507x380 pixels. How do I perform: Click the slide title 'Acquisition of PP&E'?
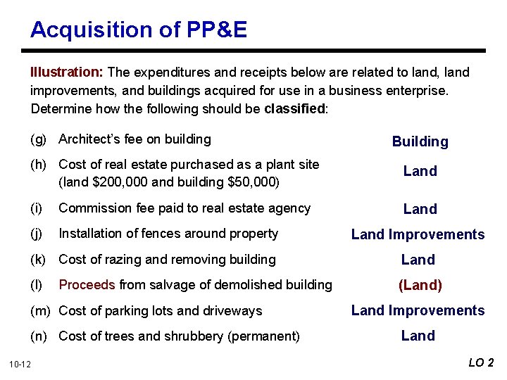[x=139, y=30]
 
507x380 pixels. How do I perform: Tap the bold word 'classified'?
[x=296, y=109]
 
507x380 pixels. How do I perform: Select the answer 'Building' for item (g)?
[x=420, y=142]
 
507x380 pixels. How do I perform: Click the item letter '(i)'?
[x=35, y=208]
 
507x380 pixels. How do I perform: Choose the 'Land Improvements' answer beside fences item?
[x=418, y=235]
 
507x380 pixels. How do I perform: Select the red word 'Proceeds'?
[x=87, y=285]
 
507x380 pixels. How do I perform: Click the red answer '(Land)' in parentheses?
[x=420, y=286]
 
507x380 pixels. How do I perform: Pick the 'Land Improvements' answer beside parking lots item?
[x=418, y=311]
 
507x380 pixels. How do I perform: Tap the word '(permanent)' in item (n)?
[x=264, y=336]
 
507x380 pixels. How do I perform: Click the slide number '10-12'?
[x=20, y=364]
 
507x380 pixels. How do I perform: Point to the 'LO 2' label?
[x=482, y=363]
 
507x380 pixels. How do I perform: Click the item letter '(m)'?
[x=42, y=311]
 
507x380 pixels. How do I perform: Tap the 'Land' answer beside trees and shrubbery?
[x=418, y=336]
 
